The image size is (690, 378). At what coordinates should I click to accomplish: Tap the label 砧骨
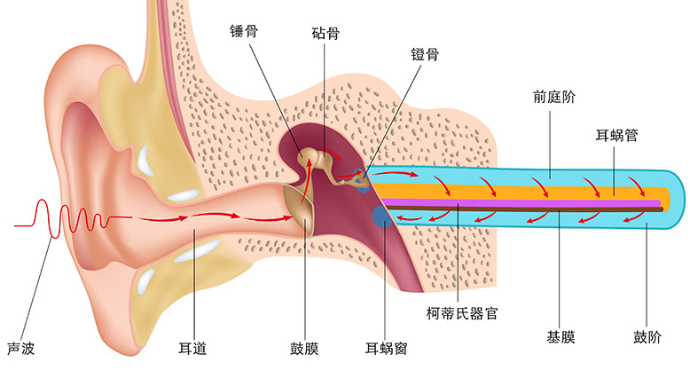click(325, 33)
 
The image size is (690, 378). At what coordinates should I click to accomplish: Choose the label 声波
click(20, 349)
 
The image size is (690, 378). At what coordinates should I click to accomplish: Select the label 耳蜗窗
click(387, 349)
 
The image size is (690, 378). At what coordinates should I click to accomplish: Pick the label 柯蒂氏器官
click(460, 313)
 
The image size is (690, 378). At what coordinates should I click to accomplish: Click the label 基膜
click(561, 338)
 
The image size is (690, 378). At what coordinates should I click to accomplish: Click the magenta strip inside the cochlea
click(532, 203)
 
